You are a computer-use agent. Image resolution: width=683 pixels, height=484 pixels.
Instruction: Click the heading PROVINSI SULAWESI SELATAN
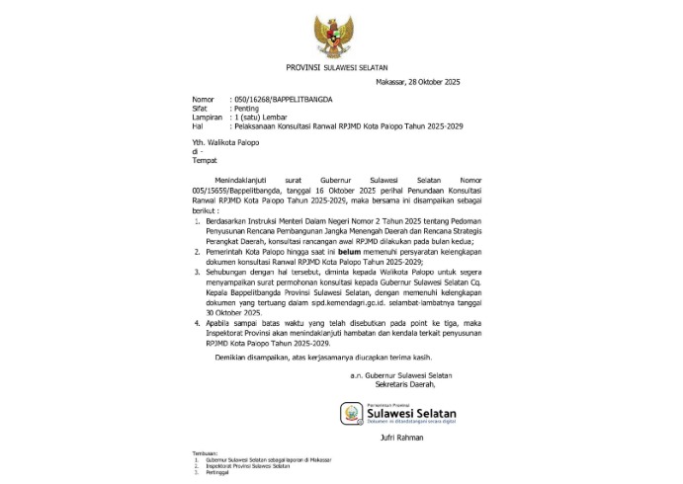(341, 67)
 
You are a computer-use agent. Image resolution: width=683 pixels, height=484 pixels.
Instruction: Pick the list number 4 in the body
(197, 321)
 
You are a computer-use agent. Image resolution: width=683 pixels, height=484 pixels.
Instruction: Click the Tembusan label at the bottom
(208, 453)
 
